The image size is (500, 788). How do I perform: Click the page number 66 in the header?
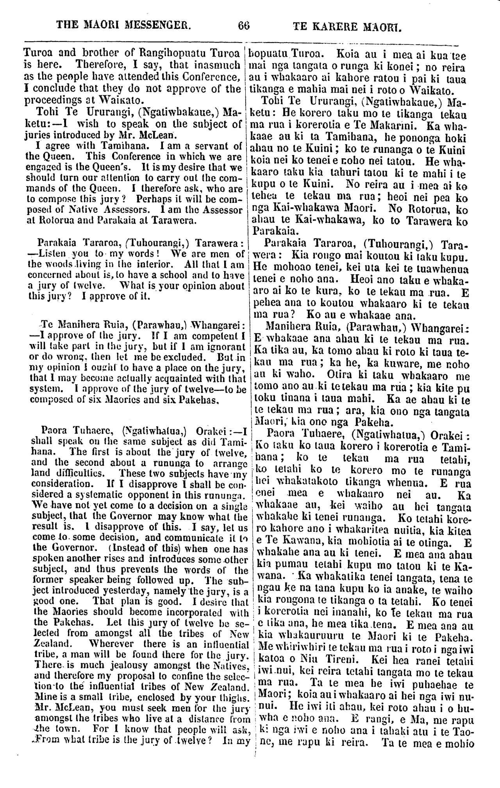(243, 26)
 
